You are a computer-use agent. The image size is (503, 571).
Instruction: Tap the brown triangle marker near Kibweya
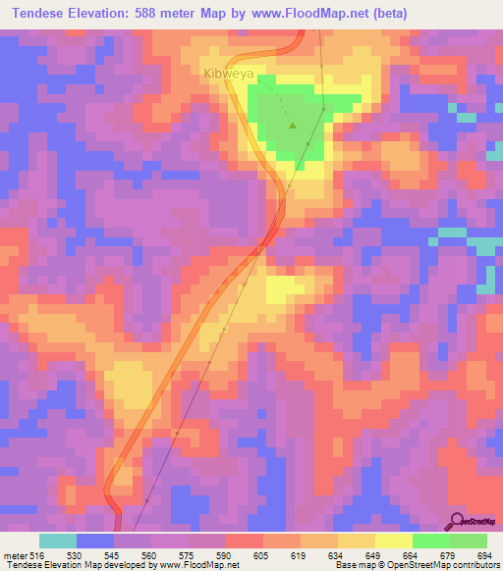[293, 125]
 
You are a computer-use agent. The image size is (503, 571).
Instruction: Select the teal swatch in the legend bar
[58, 541]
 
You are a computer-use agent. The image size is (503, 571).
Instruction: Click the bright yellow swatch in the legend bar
[393, 541]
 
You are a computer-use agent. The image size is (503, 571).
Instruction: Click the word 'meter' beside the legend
[13, 554]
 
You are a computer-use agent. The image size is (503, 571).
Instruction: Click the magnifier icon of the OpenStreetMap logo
[457, 520]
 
